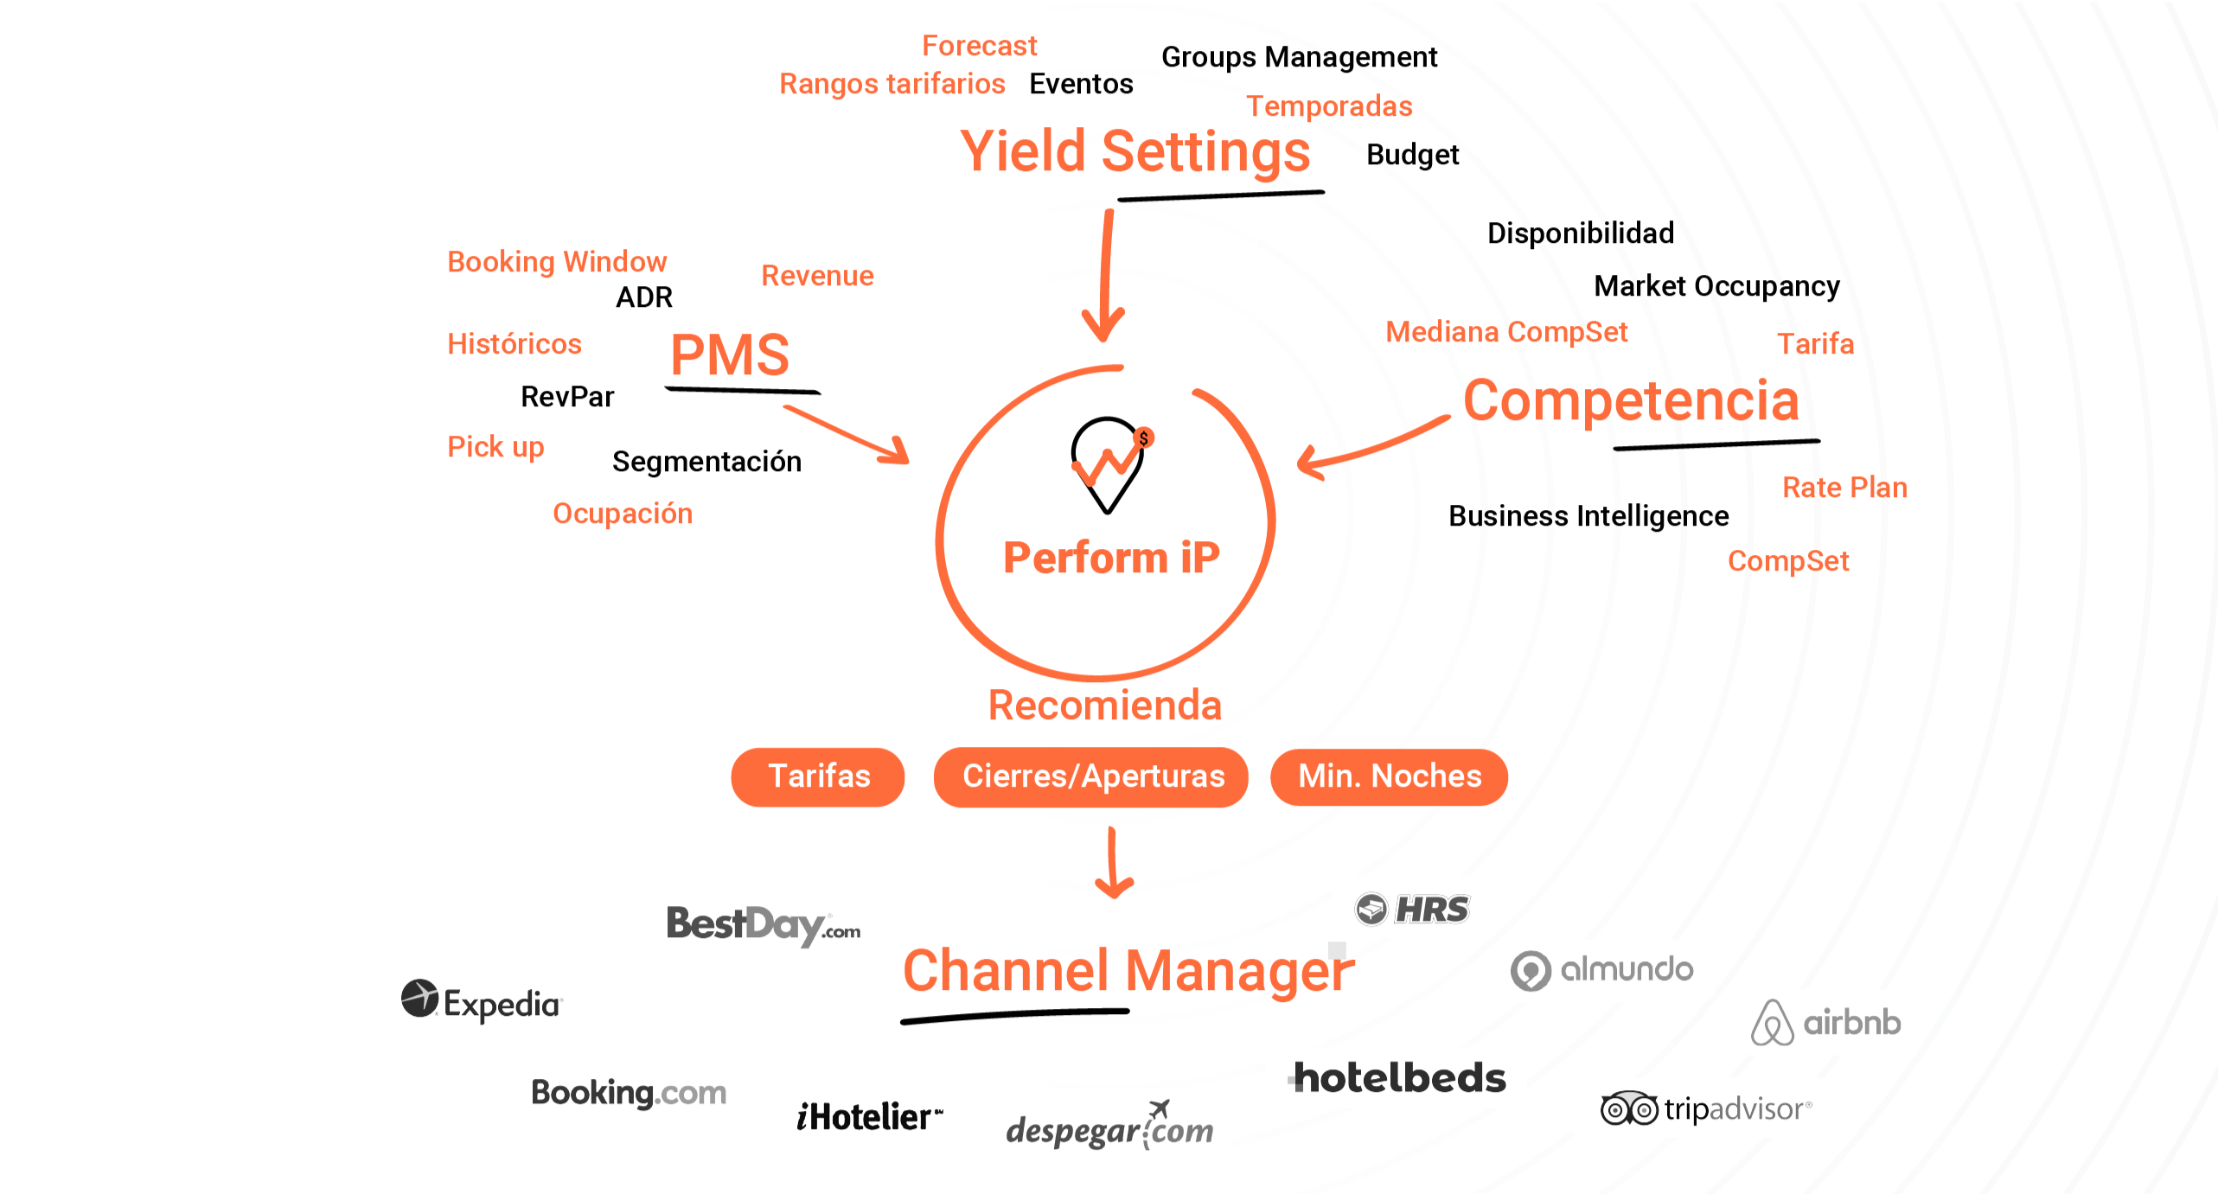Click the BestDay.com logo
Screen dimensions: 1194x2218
[x=763, y=925]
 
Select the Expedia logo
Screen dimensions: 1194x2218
[x=482, y=1002]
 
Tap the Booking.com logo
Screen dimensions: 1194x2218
[x=629, y=1093]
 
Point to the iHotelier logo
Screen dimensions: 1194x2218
[x=868, y=1116]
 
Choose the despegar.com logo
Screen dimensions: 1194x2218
[x=1109, y=1127]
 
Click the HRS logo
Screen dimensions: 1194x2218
[x=1412, y=910]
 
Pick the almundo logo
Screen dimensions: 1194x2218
[x=1602, y=969]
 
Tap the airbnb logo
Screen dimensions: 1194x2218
[x=1826, y=1023]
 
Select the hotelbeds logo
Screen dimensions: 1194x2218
[x=1399, y=1078]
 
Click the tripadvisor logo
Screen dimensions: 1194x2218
[x=1705, y=1108]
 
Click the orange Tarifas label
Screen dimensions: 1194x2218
[x=819, y=776]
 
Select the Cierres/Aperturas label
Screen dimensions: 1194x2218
[x=1094, y=776]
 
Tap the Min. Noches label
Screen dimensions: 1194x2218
[x=1390, y=776]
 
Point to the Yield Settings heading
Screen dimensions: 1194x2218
[x=1135, y=162]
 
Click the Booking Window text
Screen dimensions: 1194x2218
[x=558, y=262]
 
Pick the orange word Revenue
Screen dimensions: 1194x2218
[x=817, y=278]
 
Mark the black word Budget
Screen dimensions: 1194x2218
[x=1413, y=158]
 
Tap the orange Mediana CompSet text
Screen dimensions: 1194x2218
[x=1507, y=333]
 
